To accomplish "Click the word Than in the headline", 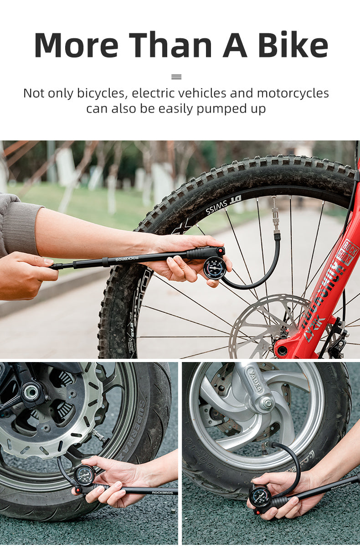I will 171,45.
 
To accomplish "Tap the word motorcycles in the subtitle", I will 293,93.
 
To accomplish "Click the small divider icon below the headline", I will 176,77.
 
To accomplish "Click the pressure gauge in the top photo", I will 214,268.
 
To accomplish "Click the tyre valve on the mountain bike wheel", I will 275,214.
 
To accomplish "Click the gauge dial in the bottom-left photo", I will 85,475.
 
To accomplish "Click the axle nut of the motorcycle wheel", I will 31,392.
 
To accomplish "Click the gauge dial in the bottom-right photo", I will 260,497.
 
